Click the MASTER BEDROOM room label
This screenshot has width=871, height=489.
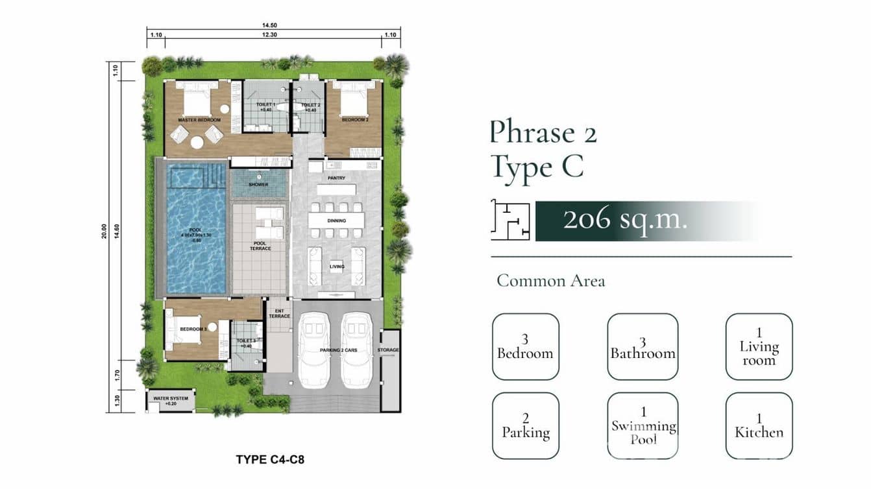(x=200, y=120)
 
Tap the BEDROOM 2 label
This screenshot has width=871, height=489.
(x=355, y=120)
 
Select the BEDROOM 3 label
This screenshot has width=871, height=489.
(x=193, y=329)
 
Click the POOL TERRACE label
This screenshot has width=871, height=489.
(x=260, y=246)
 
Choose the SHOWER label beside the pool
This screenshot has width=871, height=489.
(x=258, y=185)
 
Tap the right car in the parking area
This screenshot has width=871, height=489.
(x=355, y=349)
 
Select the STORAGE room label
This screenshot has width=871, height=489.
(x=389, y=350)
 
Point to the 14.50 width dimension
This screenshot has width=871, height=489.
(x=273, y=25)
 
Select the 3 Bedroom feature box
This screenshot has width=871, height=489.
(x=525, y=346)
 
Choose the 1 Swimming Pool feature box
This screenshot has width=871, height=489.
(x=643, y=425)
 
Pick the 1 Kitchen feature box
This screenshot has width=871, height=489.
(x=759, y=425)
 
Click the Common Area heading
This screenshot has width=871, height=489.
(x=550, y=281)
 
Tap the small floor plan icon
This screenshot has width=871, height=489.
(x=511, y=220)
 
